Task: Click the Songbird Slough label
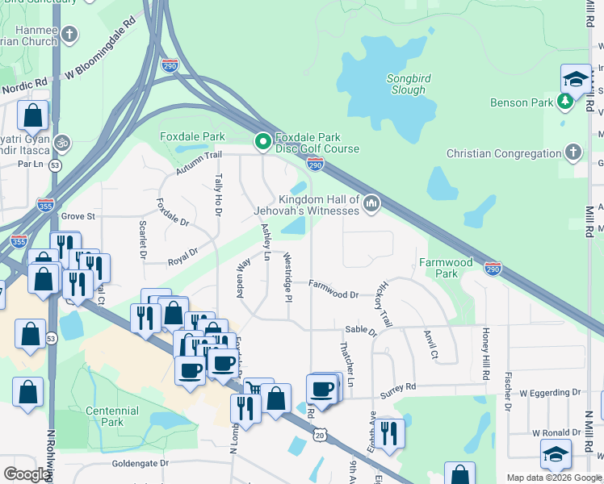click(408, 84)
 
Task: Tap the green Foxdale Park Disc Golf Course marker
click(262, 142)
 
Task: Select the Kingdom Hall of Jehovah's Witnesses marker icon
click(371, 202)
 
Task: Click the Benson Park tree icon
click(566, 102)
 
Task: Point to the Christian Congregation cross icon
click(573, 152)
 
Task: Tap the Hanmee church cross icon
click(70, 35)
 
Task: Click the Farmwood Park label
click(446, 268)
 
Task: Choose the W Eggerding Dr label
click(550, 393)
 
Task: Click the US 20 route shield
click(320, 436)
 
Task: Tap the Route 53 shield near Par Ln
click(55, 165)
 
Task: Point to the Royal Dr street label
click(182, 257)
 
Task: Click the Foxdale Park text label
click(192, 136)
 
